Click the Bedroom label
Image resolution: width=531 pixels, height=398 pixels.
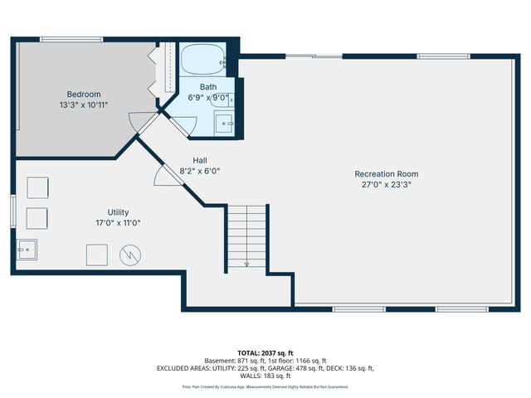(x=84, y=94)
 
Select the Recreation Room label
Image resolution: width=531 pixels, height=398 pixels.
(x=386, y=174)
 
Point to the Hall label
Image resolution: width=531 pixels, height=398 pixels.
(x=200, y=161)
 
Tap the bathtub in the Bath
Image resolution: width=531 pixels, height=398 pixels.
(x=202, y=60)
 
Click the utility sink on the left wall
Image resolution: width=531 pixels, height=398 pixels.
(x=26, y=249)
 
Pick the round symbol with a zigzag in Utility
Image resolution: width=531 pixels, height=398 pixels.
(x=131, y=255)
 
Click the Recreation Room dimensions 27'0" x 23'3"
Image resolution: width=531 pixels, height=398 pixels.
(x=386, y=185)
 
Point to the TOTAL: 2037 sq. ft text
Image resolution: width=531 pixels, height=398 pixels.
(x=265, y=352)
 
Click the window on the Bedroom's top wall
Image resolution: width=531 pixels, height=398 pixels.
(x=71, y=39)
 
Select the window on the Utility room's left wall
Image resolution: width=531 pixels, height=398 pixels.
(x=13, y=211)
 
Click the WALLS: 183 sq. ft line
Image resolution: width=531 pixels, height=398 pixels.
(x=265, y=376)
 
